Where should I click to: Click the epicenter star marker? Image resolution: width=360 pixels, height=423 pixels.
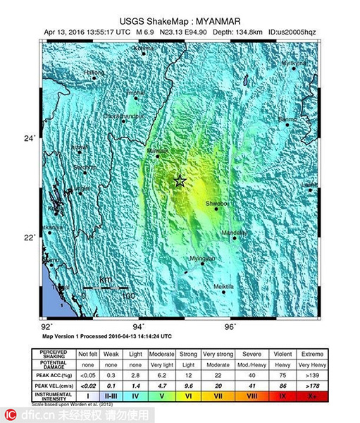click(x=180, y=181)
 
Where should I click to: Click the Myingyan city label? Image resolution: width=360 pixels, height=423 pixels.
click(x=201, y=259)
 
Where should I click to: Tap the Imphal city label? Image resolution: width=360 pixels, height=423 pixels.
click(x=136, y=92)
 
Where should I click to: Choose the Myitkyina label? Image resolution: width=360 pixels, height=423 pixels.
click(x=294, y=63)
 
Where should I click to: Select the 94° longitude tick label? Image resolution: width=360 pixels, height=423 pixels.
click(x=139, y=327)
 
